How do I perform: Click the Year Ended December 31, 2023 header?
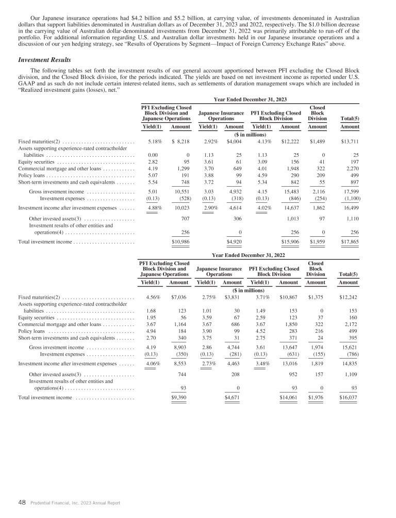250,99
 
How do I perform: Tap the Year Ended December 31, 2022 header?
250,255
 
